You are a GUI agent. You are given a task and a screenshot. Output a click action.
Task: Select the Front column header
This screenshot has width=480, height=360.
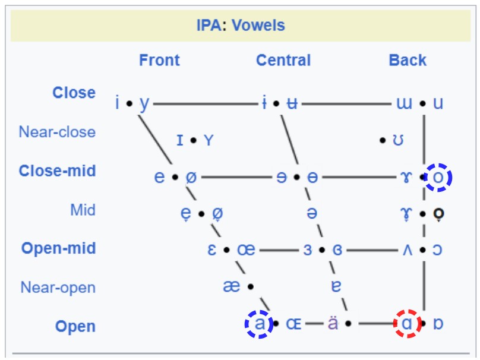[x=159, y=60]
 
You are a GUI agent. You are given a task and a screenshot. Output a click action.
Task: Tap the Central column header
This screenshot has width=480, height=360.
[x=283, y=60]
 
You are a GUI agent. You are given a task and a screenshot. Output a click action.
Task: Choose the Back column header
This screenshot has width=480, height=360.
[x=408, y=60]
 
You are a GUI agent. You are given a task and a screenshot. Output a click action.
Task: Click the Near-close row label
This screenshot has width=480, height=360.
[x=57, y=131]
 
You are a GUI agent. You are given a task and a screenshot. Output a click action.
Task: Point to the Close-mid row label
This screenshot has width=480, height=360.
[x=57, y=171]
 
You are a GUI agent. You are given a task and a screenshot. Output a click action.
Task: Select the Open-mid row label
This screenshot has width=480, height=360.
[x=58, y=248]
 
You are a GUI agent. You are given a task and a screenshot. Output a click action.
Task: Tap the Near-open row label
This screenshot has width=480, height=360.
[x=58, y=288]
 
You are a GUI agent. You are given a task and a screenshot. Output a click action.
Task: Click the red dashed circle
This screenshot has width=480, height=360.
[x=408, y=324]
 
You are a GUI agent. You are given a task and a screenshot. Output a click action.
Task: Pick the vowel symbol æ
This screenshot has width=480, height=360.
[x=232, y=286]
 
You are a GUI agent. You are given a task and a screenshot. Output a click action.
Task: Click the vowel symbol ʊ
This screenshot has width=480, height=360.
[x=399, y=141]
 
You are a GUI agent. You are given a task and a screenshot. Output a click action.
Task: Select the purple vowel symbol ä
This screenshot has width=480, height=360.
[x=333, y=324]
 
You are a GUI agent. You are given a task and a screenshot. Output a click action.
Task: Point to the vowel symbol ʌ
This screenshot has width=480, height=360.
[x=407, y=250]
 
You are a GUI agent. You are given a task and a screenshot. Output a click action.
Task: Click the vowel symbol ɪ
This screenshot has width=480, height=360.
[x=180, y=141]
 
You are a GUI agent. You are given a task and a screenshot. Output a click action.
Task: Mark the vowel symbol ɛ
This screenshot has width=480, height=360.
[x=211, y=250]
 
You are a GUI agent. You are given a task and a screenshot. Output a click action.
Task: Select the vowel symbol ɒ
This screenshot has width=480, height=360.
[x=438, y=324]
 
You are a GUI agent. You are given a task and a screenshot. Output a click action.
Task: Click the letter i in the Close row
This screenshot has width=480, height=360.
[x=118, y=103]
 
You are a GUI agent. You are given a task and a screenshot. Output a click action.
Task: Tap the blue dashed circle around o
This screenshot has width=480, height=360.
[x=438, y=177]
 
